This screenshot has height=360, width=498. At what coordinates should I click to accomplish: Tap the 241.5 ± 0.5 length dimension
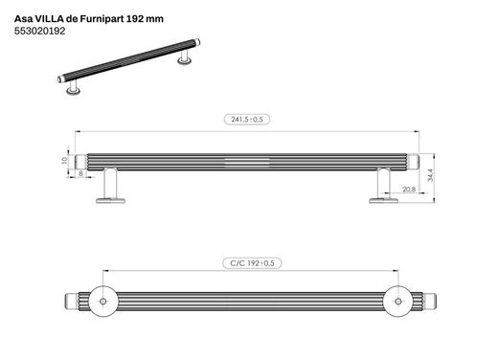(x=247, y=120)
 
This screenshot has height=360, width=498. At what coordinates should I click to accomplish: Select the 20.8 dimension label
(x=409, y=190)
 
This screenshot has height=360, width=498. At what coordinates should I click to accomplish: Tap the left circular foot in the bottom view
(x=102, y=302)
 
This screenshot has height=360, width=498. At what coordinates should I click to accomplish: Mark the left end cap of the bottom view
(x=69, y=302)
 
